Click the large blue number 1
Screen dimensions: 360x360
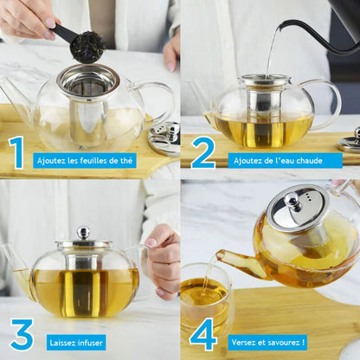tap(16, 152)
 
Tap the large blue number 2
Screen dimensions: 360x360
tap(202, 152)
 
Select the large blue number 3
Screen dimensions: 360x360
tap(21, 335)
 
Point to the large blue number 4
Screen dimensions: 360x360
tap(202, 335)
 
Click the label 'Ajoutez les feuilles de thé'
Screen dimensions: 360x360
tap(85, 160)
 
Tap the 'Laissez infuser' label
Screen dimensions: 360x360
tap(76, 343)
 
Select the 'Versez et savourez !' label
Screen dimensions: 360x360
tap(268, 343)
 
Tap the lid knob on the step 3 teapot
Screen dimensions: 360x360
tap(83, 232)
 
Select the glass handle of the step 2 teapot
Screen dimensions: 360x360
tap(327, 100)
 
